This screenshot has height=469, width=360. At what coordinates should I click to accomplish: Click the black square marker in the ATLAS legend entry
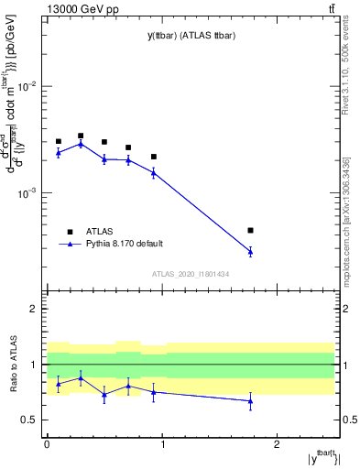70,232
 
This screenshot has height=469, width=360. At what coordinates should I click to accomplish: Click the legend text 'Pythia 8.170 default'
124,244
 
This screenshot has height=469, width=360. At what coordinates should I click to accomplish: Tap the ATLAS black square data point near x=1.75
250,230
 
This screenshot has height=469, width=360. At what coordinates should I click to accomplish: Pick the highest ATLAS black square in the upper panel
81,136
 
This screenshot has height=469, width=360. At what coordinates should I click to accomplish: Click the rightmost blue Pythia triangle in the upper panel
250,251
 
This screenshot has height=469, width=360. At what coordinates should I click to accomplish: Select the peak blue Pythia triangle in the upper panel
81,144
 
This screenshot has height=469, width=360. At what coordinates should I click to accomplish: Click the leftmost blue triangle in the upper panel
58,152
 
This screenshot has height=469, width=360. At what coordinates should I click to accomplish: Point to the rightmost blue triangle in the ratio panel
250,401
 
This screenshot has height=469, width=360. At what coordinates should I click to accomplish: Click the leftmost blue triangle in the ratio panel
58,384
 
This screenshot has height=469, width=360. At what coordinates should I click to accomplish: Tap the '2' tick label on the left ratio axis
35,309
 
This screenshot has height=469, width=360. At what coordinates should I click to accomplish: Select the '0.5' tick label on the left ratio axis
31,420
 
